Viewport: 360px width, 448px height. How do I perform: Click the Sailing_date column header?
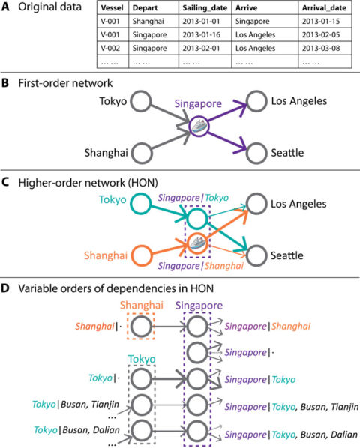pos(205,8)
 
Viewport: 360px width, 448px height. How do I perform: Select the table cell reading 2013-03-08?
pos(321,48)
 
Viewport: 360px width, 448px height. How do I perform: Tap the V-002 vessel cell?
pos(110,48)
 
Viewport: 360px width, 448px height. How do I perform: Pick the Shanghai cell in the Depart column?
pos(148,22)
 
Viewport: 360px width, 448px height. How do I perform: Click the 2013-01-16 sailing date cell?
pos(201,35)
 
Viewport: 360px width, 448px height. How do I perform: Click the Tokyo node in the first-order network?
pos(141,101)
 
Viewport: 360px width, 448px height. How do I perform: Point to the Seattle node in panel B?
pos(256,154)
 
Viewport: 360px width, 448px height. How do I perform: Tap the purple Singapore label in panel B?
pos(198,103)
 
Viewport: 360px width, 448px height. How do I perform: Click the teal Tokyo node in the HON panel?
pos(141,204)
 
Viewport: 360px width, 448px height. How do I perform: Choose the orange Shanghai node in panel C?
pos(142,255)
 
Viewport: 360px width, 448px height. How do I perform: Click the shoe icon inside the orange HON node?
pos(196,244)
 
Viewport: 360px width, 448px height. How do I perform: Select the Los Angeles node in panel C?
pos(256,204)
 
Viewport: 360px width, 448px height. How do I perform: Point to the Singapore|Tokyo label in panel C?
pos(193,198)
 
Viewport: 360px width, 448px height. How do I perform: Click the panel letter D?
pos(5,288)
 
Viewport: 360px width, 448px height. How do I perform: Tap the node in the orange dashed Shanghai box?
pos(142,326)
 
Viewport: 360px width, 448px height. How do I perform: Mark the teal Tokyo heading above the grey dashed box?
pos(142,359)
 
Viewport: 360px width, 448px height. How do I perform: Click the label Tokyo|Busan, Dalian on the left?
pos(76,430)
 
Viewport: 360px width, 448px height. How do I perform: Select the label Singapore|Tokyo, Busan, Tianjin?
pos(291,406)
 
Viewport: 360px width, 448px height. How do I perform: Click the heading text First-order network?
pos(65,83)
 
